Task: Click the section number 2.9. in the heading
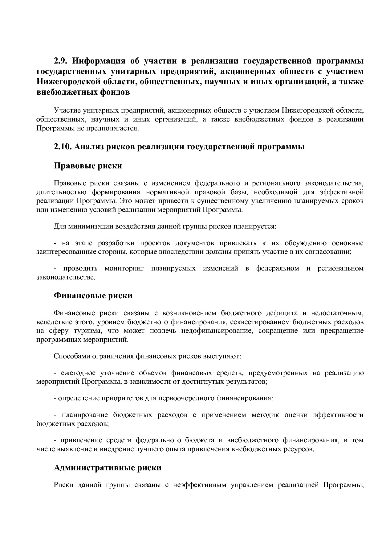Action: pyautogui.click(x=62, y=61)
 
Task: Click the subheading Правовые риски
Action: pyautogui.click(x=88, y=166)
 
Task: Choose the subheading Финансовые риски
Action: pyautogui.click(x=93, y=295)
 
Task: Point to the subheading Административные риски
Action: pyautogui.click(x=108, y=468)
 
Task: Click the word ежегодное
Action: pyautogui.click(x=78, y=373)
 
